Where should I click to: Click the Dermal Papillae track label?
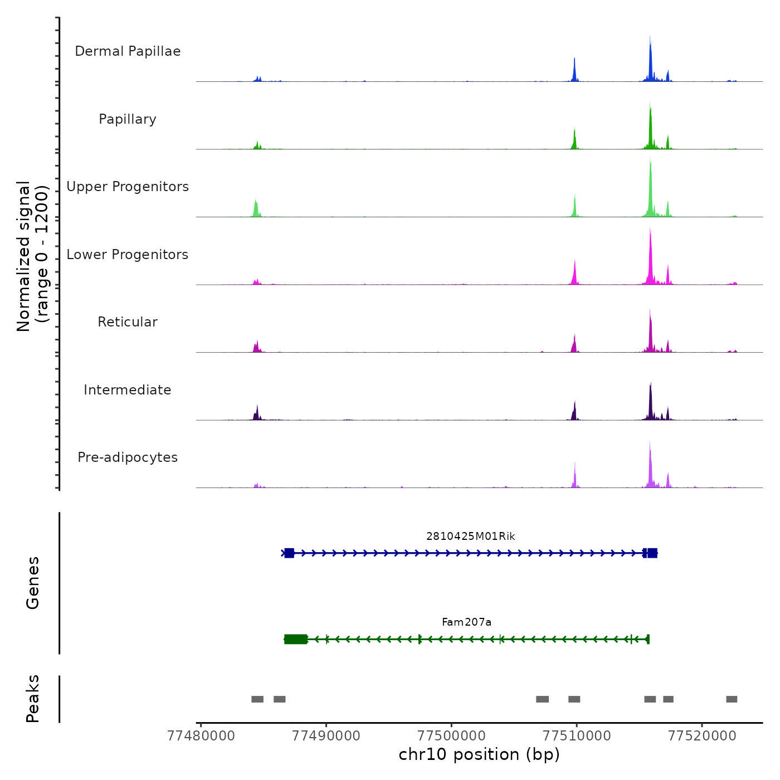[x=128, y=51]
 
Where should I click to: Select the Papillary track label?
[x=128, y=119]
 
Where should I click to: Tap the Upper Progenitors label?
[x=128, y=187]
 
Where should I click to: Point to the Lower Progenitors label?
[x=128, y=255]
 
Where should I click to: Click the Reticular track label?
[x=128, y=322]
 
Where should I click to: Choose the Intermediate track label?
[x=128, y=390]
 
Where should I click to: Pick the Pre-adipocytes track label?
[x=128, y=457]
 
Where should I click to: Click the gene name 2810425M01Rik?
[x=471, y=537]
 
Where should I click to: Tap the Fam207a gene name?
[x=467, y=622]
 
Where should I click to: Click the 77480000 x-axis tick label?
[x=201, y=736]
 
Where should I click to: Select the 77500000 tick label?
[x=451, y=736]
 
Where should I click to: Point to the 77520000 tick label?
[x=702, y=736]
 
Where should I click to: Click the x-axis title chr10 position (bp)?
[x=479, y=755]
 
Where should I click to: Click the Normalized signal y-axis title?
[x=32, y=256]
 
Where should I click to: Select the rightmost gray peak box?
[x=732, y=699]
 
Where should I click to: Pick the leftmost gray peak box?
[x=257, y=699]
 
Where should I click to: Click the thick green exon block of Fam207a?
[x=295, y=639]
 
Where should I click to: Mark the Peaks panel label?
[x=33, y=699]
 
